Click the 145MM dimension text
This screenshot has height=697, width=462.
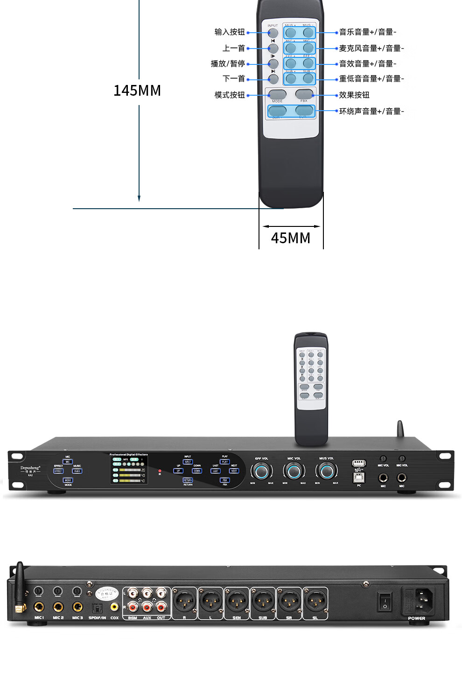point(137,91)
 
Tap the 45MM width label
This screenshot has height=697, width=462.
point(290,238)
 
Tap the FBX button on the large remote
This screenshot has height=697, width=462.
point(304,94)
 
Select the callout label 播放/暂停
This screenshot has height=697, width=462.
point(228,63)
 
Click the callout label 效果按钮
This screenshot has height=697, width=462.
point(354,95)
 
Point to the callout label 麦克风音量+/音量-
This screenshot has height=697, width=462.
point(371,48)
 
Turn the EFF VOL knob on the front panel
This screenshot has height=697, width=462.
point(261,472)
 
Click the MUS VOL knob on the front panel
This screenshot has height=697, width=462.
point(327,472)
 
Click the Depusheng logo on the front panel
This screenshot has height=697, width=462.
point(30,468)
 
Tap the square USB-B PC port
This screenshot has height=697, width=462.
point(359,478)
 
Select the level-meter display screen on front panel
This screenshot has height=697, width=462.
point(129,470)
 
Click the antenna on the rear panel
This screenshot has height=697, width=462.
point(20,579)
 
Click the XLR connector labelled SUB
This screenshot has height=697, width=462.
point(263,601)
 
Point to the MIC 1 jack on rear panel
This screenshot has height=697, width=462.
point(39,607)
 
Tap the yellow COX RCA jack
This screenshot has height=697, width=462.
point(114,607)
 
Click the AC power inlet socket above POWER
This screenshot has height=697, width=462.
point(424,600)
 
